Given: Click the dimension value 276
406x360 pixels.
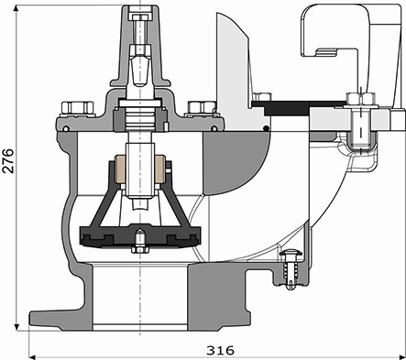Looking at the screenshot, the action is pos(8,161).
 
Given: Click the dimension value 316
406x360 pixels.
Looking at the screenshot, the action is pos(220,350).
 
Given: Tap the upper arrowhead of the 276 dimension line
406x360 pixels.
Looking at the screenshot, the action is pos(16,8).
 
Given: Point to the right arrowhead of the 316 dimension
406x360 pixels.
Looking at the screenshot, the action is pos(401,356).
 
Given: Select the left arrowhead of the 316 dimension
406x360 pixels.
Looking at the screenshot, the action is pos(33,356).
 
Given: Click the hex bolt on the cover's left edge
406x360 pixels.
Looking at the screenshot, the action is pos(77,108).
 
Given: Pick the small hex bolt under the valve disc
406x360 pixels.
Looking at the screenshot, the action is pos(139,249).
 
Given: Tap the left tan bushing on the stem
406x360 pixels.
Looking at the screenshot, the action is pos(120,169).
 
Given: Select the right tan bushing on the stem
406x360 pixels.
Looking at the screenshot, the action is pos(160,169).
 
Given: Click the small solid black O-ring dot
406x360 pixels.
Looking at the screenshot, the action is pos(267,128).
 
